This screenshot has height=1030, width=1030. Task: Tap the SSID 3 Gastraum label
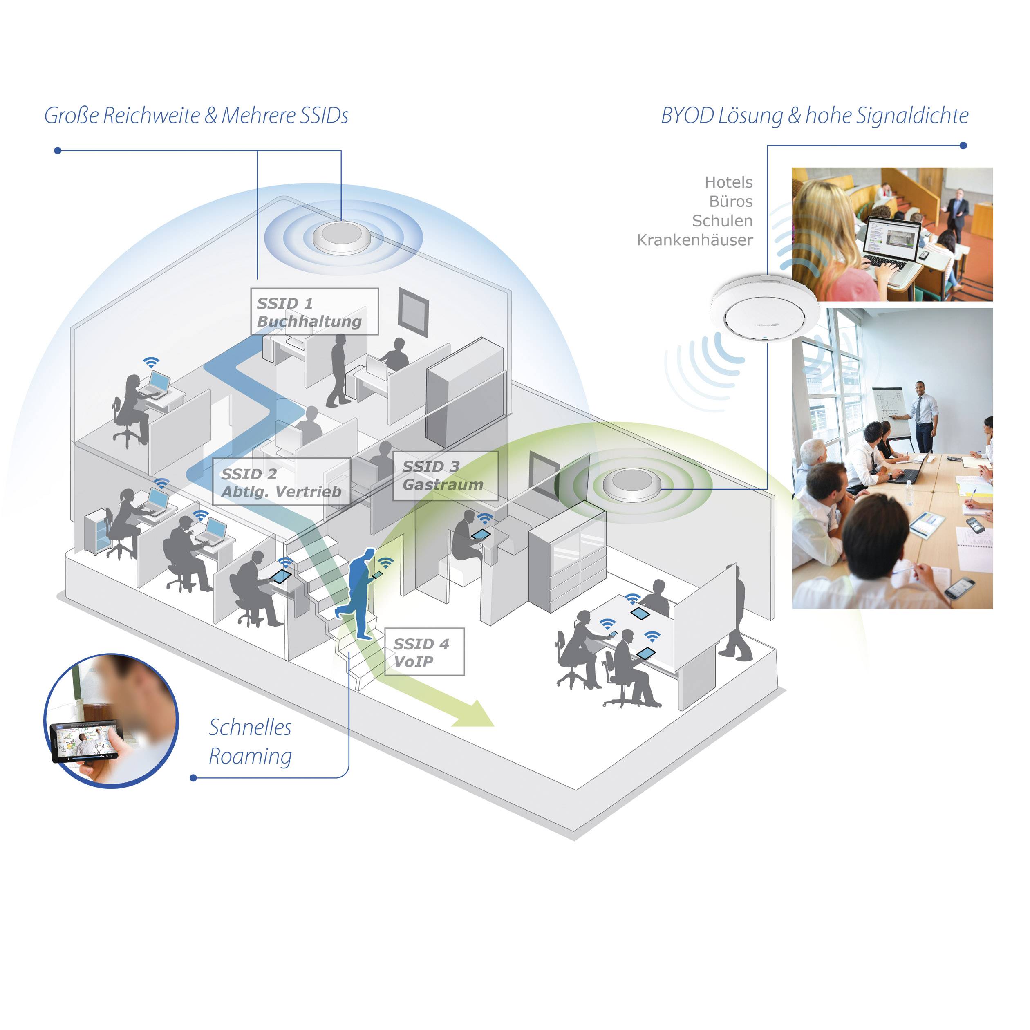click(445, 475)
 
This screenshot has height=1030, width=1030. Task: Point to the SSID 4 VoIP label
click(424, 652)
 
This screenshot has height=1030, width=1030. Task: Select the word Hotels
click(728, 182)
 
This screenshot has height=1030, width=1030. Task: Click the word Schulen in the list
click(722, 221)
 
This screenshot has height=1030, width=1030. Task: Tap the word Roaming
click(250, 756)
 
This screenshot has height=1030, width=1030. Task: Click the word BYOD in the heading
click(687, 116)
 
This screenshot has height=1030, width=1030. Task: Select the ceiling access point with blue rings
click(341, 236)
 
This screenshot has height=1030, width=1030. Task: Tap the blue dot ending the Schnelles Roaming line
click(193, 778)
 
